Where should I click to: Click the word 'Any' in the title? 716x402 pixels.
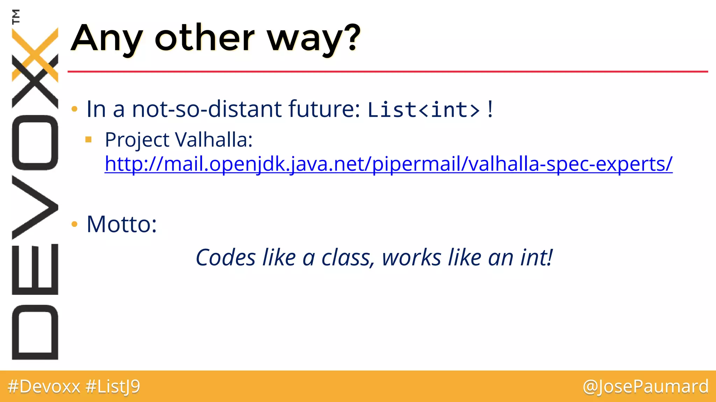pyautogui.click(x=107, y=39)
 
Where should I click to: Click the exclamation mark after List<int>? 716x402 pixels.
pyautogui.click(x=490, y=109)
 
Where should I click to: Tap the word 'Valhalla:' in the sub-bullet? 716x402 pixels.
pyautogui.click(x=214, y=140)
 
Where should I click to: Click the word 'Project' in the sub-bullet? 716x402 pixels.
pyautogui.click(x=137, y=140)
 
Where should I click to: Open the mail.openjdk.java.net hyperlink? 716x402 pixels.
pyautogui.click(x=388, y=164)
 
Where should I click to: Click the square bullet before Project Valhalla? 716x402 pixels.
pyautogui.click(x=88, y=140)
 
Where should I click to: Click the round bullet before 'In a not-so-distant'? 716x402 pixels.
pyautogui.click(x=74, y=109)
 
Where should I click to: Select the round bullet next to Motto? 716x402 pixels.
pyautogui.click(x=74, y=224)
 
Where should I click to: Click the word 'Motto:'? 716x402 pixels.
pyautogui.click(x=122, y=224)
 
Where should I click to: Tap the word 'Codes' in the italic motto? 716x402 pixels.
pyautogui.click(x=225, y=258)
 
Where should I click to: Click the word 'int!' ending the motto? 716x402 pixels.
pyautogui.click(x=536, y=258)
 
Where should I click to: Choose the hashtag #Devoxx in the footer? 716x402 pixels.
pyautogui.click(x=44, y=387)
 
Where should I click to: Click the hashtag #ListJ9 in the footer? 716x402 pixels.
pyautogui.click(x=113, y=387)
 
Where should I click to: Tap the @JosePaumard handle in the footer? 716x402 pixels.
pyautogui.click(x=645, y=387)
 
